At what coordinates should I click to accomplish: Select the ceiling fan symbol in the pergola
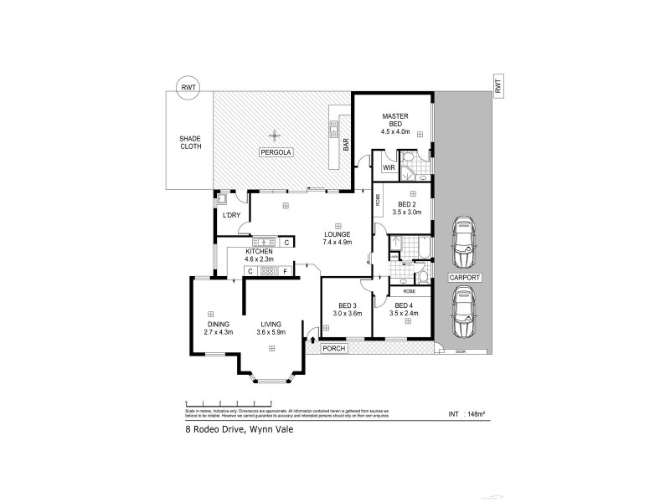click(273, 135)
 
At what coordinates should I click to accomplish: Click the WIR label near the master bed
click(388, 167)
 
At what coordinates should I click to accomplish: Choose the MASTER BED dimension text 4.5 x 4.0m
click(394, 131)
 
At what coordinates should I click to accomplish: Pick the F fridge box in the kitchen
click(286, 270)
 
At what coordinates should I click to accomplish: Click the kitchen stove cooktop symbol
click(267, 270)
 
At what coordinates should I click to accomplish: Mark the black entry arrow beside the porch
click(313, 338)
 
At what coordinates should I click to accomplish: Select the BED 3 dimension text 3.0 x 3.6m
click(347, 313)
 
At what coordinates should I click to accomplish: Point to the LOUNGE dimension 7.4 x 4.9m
click(337, 242)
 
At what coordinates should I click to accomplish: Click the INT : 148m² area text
click(466, 412)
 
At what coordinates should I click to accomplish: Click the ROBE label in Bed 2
click(378, 199)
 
